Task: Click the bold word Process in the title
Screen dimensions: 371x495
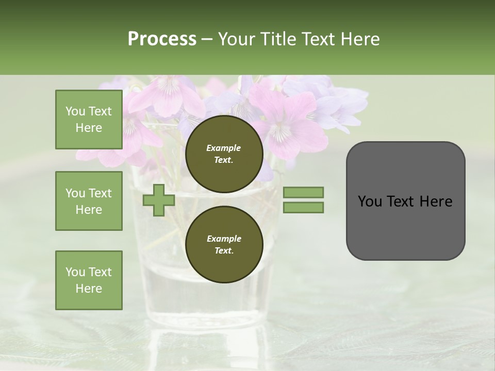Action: (162, 39)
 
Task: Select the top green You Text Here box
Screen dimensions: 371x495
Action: (89, 120)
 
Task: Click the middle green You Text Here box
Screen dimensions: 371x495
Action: (89, 201)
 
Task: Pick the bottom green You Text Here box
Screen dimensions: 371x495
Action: (89, 280)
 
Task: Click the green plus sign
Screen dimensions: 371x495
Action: (159, 200)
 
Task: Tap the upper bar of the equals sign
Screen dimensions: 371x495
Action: (304, 192)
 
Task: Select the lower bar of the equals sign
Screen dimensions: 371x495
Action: (304, 208)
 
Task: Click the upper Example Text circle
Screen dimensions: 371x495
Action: (224, 154)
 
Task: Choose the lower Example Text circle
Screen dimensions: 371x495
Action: (224, 244)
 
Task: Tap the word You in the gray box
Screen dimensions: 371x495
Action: (370, 201)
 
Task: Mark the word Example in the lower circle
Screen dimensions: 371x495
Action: (224, 239)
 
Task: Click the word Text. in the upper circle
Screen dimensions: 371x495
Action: (224, 160)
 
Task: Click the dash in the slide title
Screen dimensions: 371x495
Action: (207, 39)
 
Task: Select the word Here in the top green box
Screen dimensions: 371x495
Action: (89, 128)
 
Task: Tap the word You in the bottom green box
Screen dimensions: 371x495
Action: (75, 272)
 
